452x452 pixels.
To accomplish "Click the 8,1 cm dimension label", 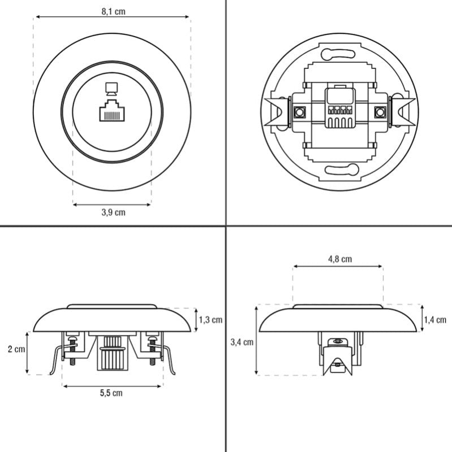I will (113, 11).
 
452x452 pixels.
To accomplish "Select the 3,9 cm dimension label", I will (113, 212).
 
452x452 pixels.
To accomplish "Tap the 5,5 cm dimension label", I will (112, 393).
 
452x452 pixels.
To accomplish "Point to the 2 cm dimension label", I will (17, 349).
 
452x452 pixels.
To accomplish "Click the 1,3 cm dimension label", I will (210, 320).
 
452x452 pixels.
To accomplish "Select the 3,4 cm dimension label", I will (242, 342).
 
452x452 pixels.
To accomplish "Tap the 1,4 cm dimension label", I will (435, 320).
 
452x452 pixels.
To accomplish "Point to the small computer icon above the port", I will (112, 88).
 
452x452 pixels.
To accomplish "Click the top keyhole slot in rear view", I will (338, 55).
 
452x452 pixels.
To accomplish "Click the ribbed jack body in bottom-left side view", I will (112, 353).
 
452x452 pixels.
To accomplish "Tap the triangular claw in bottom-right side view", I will (338, 363).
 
